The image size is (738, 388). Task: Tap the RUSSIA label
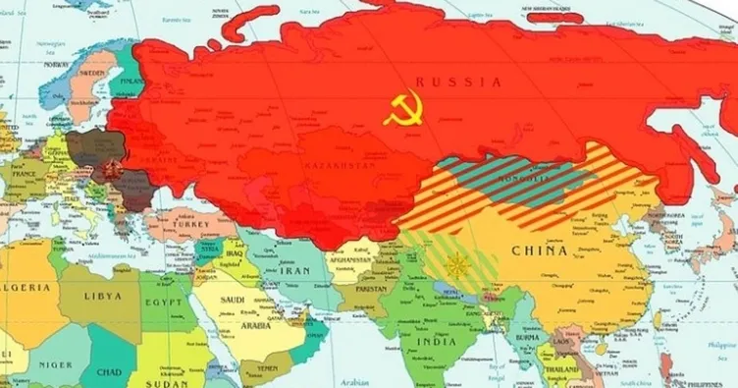click(x=458, y=82)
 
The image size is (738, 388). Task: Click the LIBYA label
click(x=102, y=296)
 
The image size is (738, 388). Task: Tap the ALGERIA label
click(x=26, y=288)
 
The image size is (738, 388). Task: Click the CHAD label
click(x=109, y=372)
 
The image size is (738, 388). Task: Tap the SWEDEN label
click(x=91, y=72)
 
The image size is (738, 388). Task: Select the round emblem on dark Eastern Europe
click(x=109, y=168)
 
